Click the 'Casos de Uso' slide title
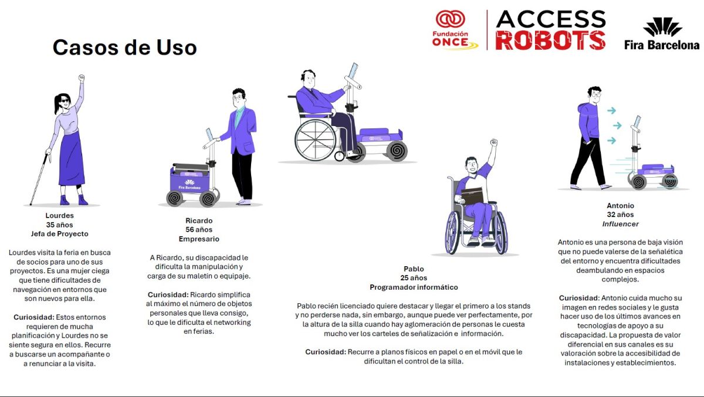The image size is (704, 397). (x=125, y=47)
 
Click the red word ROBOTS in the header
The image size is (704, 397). (x=550, y=40)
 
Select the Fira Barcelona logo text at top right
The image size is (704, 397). (x=662, y=45)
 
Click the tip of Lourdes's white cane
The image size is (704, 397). (x=31, y=205)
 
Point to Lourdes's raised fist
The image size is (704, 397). (x=82, y=77)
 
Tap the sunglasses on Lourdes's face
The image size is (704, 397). (x=65, y=101)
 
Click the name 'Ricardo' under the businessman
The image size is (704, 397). (x=199, y=220)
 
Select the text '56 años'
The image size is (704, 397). (x=199, y=230)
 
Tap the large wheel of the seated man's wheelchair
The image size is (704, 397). (x=316, y=140)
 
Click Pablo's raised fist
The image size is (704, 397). (x=494, y=142)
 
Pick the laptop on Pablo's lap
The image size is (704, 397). (x=472, y=195)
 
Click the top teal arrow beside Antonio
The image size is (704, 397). (x=611, y=111)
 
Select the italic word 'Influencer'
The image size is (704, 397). (x=621, y=224)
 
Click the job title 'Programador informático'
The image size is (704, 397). (x=414, y=287)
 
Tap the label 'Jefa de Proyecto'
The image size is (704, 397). (x=59, y=233)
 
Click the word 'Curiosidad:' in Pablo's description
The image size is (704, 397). (x=326, y=352)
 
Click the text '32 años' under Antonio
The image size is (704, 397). (x=621, y=215)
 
